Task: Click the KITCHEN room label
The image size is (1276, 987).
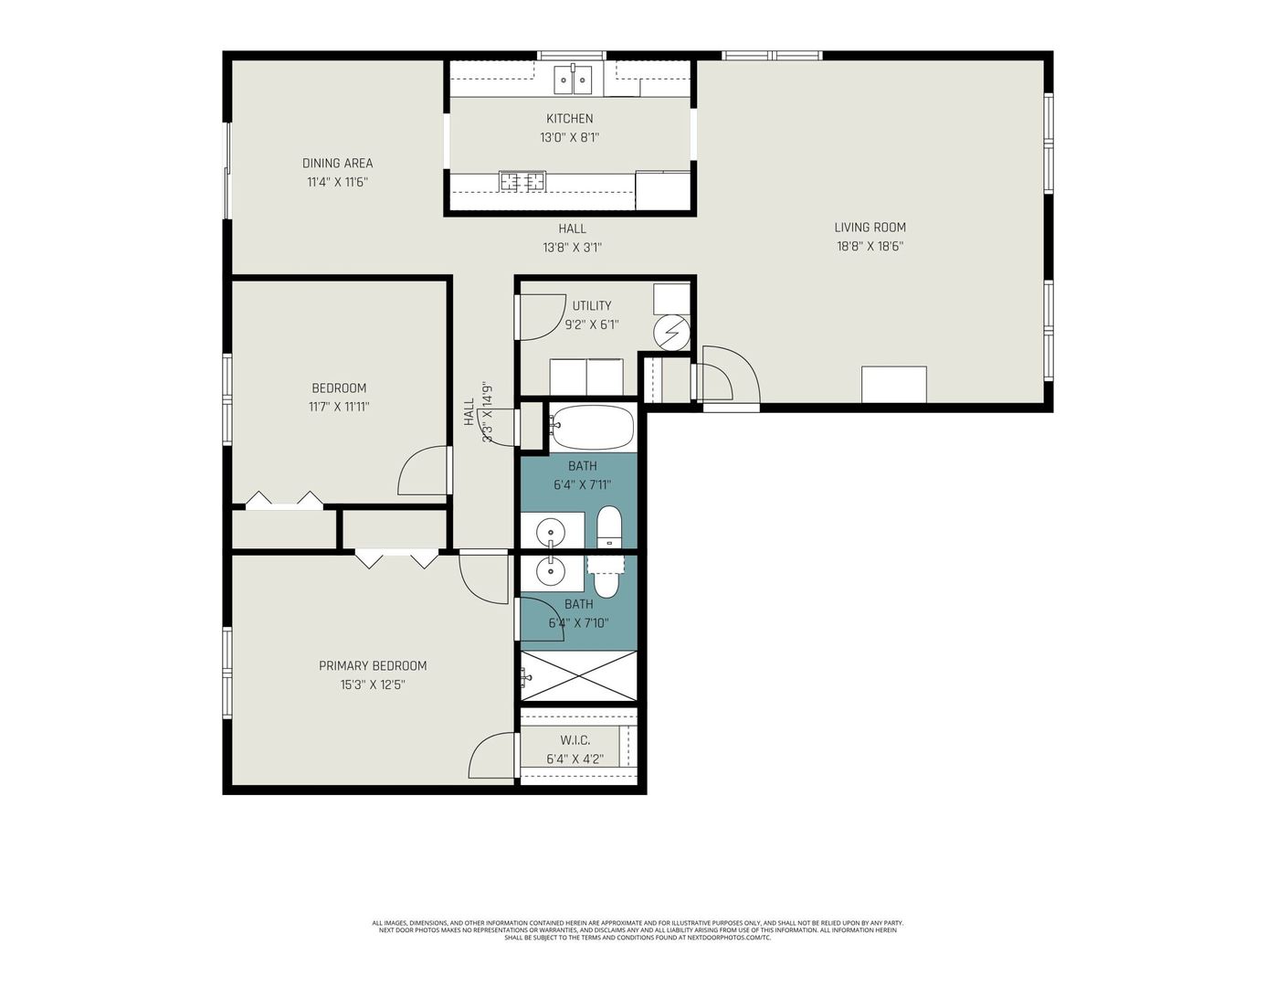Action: (x=569, y=119)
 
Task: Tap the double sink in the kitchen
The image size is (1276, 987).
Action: (x=573, y=80)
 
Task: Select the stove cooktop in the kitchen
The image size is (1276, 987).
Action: (x=522, y=182)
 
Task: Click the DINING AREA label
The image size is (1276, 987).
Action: (x=337, y=164)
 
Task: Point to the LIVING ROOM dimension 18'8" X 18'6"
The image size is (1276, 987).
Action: (x=870, y=246)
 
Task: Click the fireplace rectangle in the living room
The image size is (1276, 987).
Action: (x=893, y=384)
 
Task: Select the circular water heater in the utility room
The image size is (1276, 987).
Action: (x=672, y=333)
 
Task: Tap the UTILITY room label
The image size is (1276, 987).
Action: (x=591, y=306)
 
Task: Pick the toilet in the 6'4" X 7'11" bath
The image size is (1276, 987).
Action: (x=609, y=528)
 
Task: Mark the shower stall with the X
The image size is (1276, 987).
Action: (x=578, y=676)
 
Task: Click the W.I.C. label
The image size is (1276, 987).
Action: (x=575, y=740)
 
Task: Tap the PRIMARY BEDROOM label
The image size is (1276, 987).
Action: (x=372, y=666)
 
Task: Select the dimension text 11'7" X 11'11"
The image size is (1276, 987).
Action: (x=338, y=407)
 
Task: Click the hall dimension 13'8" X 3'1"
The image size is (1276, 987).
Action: (x=572, y=248)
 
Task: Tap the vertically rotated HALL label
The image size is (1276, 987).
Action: (x=469, y=411)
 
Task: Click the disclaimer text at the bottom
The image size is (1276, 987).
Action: (x=638, y=930)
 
